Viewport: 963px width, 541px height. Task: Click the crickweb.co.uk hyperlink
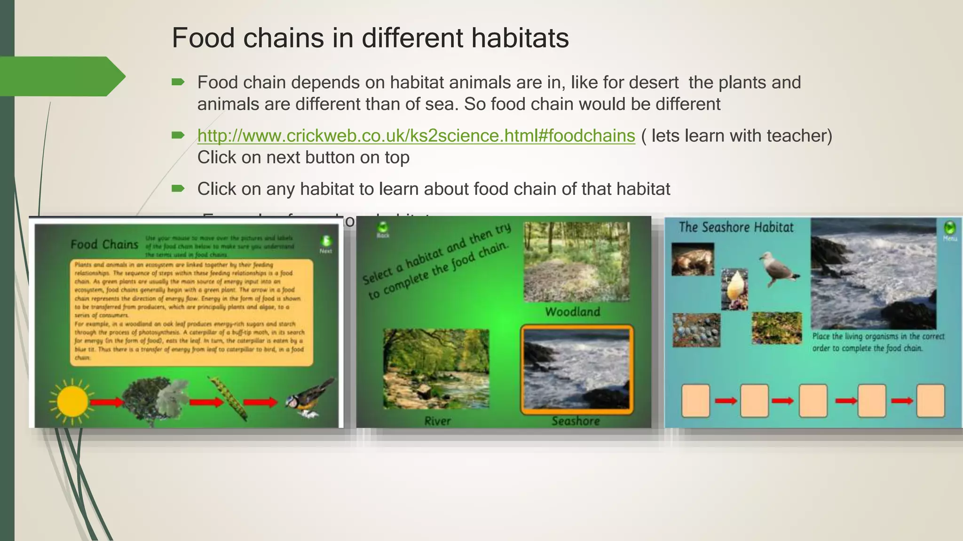click(416, 136)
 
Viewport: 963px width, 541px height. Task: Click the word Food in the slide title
click(203, 38)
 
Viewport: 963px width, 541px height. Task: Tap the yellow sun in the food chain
click(72, 402)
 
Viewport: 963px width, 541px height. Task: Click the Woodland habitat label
click(572, 312)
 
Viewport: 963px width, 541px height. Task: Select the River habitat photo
click(436, 369)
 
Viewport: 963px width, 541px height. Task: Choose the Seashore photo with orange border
click(576, 370)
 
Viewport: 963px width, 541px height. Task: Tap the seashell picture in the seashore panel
click(734, 289)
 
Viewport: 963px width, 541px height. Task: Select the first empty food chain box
click(695, 401)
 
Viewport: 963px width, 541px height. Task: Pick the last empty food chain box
click(930, 401)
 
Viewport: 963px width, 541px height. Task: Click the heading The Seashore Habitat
click(736, 227)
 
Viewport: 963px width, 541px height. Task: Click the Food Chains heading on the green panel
click(104, 245)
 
